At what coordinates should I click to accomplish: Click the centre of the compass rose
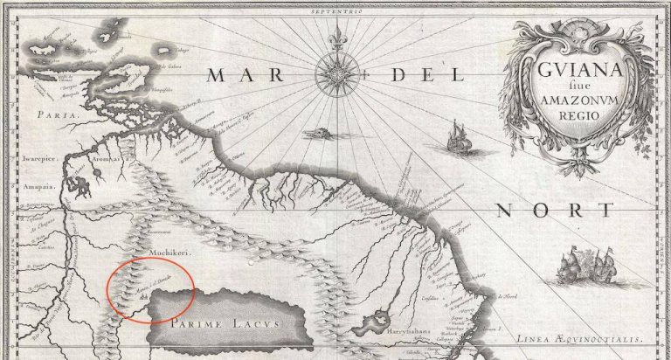(335, 75)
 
